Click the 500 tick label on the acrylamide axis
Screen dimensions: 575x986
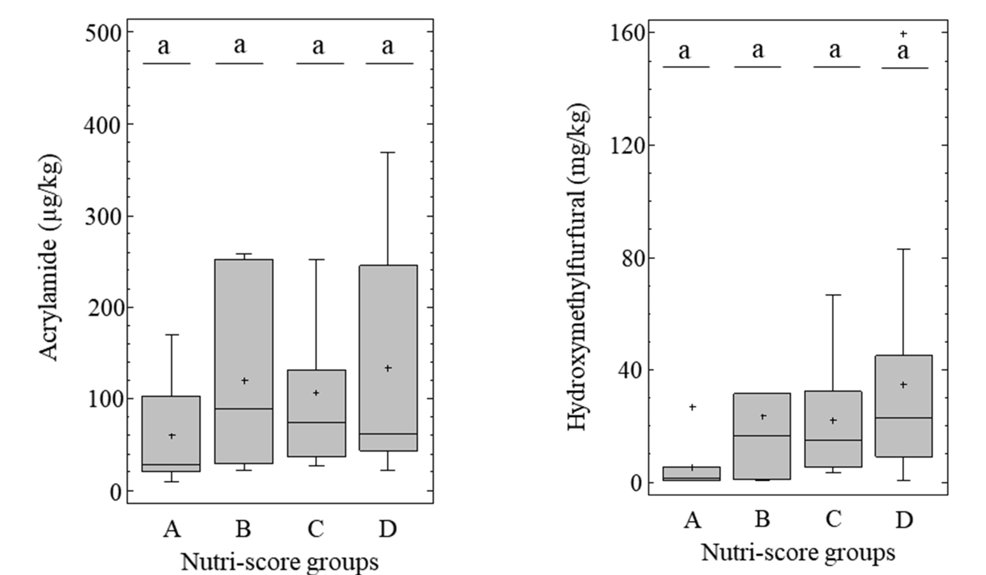click(103, 33)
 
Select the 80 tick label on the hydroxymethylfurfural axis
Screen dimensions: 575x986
click(633, 258)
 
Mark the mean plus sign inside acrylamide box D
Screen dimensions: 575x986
click(388, 368)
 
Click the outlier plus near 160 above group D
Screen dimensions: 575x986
click(903, 34)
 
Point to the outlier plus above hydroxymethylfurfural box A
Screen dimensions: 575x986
click(692, 407)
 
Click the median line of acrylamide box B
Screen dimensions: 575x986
click(244, 409)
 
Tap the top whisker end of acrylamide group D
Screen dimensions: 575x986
click(388, 153)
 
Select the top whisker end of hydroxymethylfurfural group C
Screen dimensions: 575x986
click(833, 295)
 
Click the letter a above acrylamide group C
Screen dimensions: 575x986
click(318, 47)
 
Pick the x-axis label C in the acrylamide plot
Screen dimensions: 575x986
click(315, 529)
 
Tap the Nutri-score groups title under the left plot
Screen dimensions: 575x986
click(280, 562)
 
